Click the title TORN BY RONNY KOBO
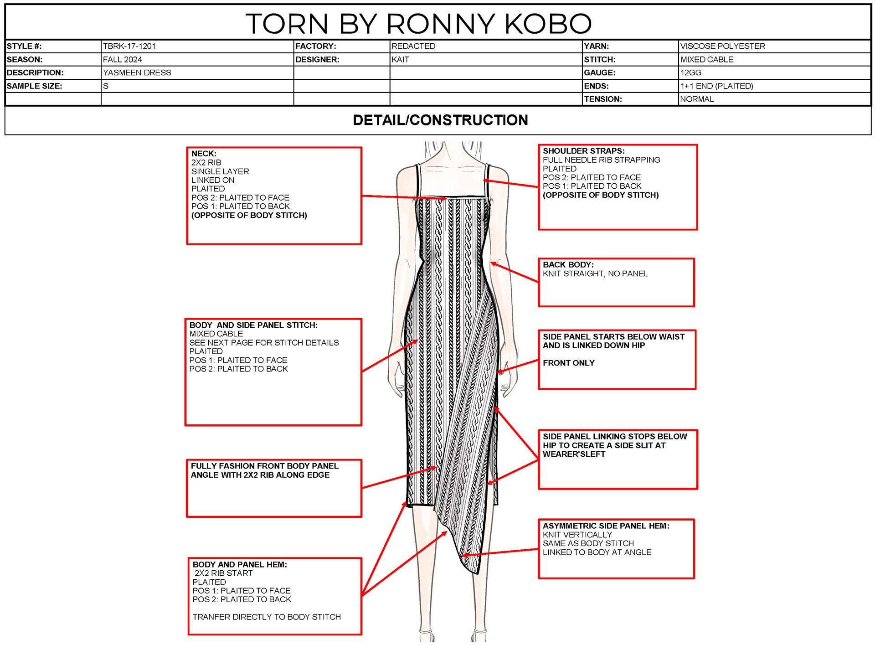pyautogui.click(x=418, y=23)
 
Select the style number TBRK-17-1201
pyautogui.click(x=129, y=46)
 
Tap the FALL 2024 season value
pyautogui.click(x=122, y=59)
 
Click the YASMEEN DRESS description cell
pyautogui.click(x=137, y=72)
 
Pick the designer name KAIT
pyautogui.click(x=400, y=59)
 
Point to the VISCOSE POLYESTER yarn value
pyautogui.click(x=722, y=46)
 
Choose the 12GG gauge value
pyautogui.click(x=690, y=72)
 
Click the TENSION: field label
pyautogui.click(x=602, y=99)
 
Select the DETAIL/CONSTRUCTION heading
pyautogui.click(x=440, y=120)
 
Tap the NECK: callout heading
pyautogui.click(x=204, y=154)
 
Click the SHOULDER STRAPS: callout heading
pyautogui.click(x=583, y=151)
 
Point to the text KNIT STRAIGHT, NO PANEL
pyautogui.click(x=595, y=273)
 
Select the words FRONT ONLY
pyautogui.click(x=568, y=363)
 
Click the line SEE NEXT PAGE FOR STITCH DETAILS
pyautogui.click(x=264, y=342)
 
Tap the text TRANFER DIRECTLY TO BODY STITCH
pyautogui.click(x=267, y=617)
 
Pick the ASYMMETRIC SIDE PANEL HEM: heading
pyautogui.click(x=606, y=526)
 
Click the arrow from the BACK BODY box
pyautogui.click(x=515, y=273)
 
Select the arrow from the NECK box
pyautogui.click(x=403, y=197)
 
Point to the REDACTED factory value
pyautogui.click(x=413, y=46)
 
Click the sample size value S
pyautogui.click(x=106, y=86)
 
